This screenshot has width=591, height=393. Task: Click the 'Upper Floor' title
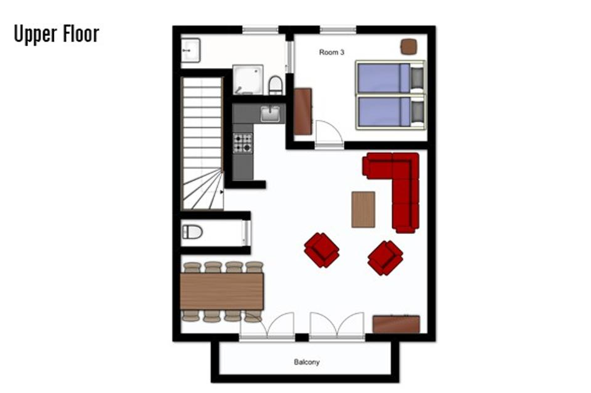click(x=56, y=34)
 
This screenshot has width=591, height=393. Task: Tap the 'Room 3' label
click(x=331, y=52)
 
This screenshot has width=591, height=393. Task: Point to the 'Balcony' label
click(x=306, y=362)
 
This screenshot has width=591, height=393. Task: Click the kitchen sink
click(x=270, y=113)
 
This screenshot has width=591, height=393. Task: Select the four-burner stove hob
click(x=242, y=143)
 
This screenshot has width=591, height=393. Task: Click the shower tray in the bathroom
click(x=247, y=79)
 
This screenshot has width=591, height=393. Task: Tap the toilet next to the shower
click(x=275, y=85)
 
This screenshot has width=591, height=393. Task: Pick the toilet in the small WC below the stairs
click(x=193, y=231)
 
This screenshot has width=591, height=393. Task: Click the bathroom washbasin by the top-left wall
click(x=190, y=50)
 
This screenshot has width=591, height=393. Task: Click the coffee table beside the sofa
click(x=363, y=209)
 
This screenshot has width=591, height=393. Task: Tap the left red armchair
click(x=321, y=250)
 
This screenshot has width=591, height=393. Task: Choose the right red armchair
click(x=385, y=257)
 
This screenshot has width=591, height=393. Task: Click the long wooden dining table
click(x=221, y=291)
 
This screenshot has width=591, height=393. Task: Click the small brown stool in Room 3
click(x=409, y=46)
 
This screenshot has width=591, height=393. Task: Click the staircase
click(x=202, y=144)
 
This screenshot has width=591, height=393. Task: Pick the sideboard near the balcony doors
click(x=396, y=324)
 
